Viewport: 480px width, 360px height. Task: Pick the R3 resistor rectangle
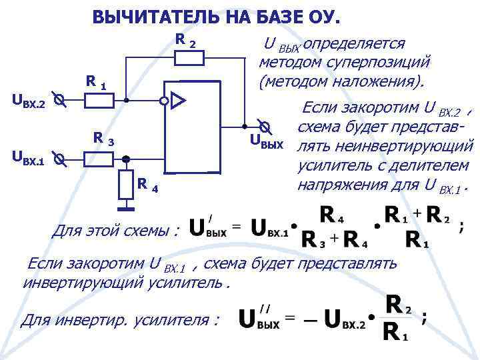(x=100, y=159)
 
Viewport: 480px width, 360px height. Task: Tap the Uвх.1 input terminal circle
(x=59, y=159)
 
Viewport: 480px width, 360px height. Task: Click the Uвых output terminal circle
(x=265, y=126)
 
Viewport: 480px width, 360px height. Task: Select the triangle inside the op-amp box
(x=178, y=101)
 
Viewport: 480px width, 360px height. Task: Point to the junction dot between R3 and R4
(x=126, y=159)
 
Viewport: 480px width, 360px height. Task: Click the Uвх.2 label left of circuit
(x=29, y=101)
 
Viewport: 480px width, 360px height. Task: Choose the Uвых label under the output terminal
(x=267, y=141)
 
